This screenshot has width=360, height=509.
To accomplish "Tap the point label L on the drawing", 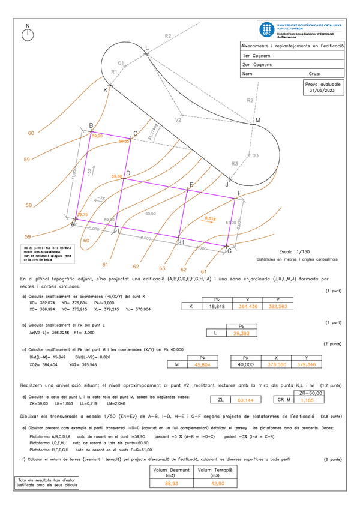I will pos(147,47).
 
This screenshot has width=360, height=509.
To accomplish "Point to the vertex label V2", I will pos(178,120).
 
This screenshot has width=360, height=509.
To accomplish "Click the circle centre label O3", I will pos(254,155).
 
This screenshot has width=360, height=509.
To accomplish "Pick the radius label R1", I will pos(114,72).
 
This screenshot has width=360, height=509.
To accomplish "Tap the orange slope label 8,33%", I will pos(211,218).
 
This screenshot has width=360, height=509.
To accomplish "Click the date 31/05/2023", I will pos(324,91).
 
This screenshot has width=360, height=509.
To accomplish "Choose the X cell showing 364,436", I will pos(247,306).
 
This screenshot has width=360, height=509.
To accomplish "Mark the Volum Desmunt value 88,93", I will pos(171,483).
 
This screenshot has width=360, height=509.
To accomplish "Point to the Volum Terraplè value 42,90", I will pos(214,483).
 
